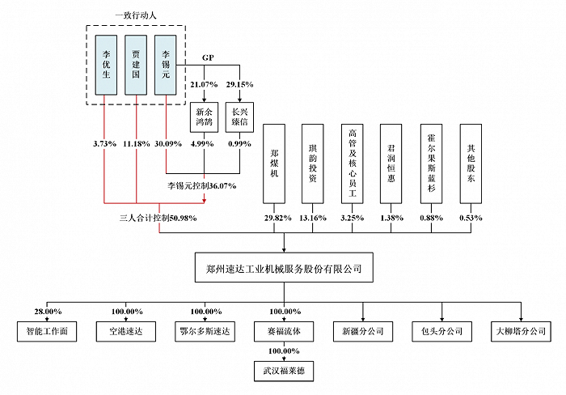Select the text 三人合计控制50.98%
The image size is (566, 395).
[x=158, y=219]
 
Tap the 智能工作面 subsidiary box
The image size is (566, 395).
[x=48, y=331]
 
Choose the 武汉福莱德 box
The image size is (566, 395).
[x=285, y=372]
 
